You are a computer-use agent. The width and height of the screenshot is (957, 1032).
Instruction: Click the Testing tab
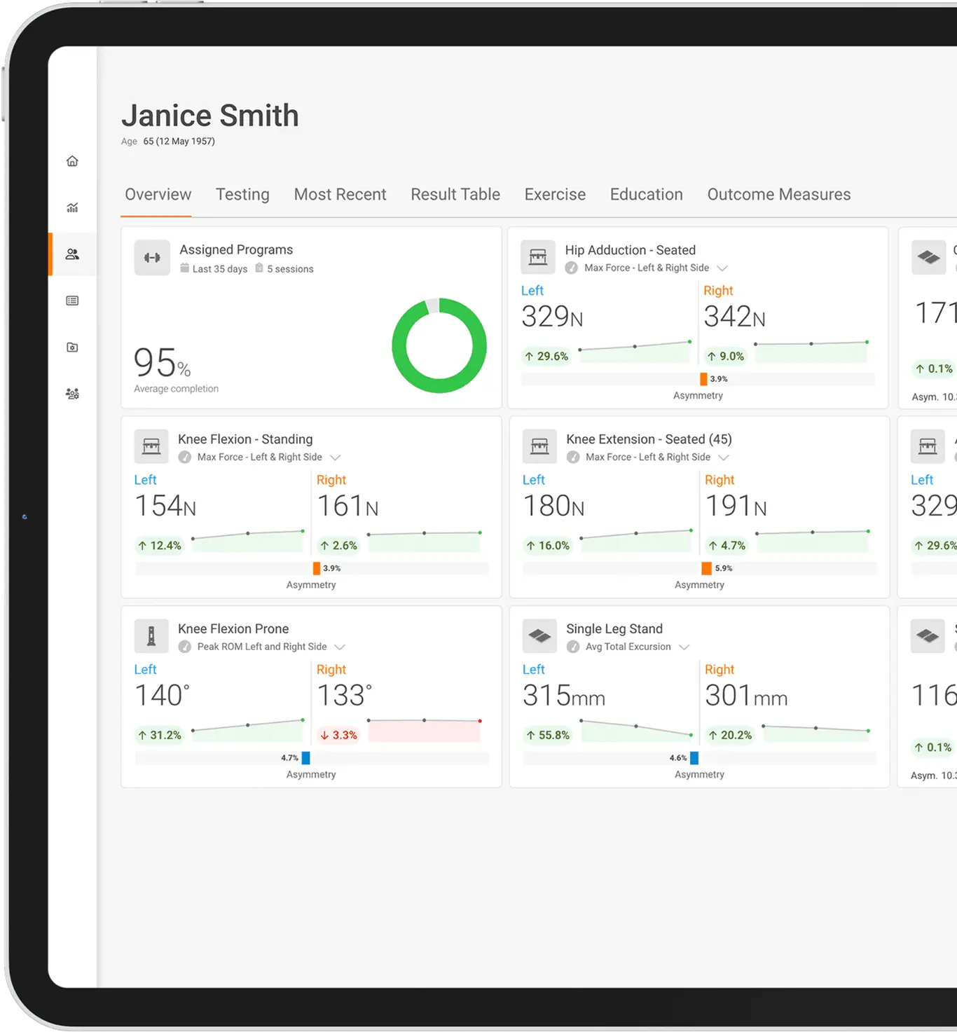point(242,195)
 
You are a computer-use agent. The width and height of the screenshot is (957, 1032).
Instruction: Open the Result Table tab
point(455,195)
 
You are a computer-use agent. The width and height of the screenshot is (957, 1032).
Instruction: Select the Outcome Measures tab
point(778,195)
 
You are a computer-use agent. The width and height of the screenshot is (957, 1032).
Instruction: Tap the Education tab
point(646,195)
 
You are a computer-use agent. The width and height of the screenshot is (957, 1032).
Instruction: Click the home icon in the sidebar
point(72,161)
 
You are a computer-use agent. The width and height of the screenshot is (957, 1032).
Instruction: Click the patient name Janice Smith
point(210,116)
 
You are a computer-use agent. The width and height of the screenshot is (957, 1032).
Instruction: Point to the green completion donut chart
point(439,345)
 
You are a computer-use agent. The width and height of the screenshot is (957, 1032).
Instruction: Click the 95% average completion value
point(162,363)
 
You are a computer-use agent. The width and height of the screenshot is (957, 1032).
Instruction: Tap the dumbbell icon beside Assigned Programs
point(152,258)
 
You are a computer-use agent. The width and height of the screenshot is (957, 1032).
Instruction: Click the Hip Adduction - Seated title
point(630,250)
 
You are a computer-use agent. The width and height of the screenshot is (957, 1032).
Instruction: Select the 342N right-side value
point(734,317)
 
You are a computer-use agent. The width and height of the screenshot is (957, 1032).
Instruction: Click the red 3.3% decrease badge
point(338,735)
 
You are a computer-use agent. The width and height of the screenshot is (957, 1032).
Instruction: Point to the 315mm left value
point(563,696)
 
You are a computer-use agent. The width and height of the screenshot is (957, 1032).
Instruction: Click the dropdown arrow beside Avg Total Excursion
point(684,647)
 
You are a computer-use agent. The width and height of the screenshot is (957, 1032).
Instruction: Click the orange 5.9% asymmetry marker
point(706,568)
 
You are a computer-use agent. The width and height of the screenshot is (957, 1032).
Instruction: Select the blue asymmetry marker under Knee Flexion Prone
point(305,757)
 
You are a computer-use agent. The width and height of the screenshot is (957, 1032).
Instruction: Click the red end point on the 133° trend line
point(480,721)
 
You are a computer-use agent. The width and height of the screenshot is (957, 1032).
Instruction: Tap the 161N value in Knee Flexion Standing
point(347,507)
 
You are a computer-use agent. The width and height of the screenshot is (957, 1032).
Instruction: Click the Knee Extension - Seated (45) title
point(649,439)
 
